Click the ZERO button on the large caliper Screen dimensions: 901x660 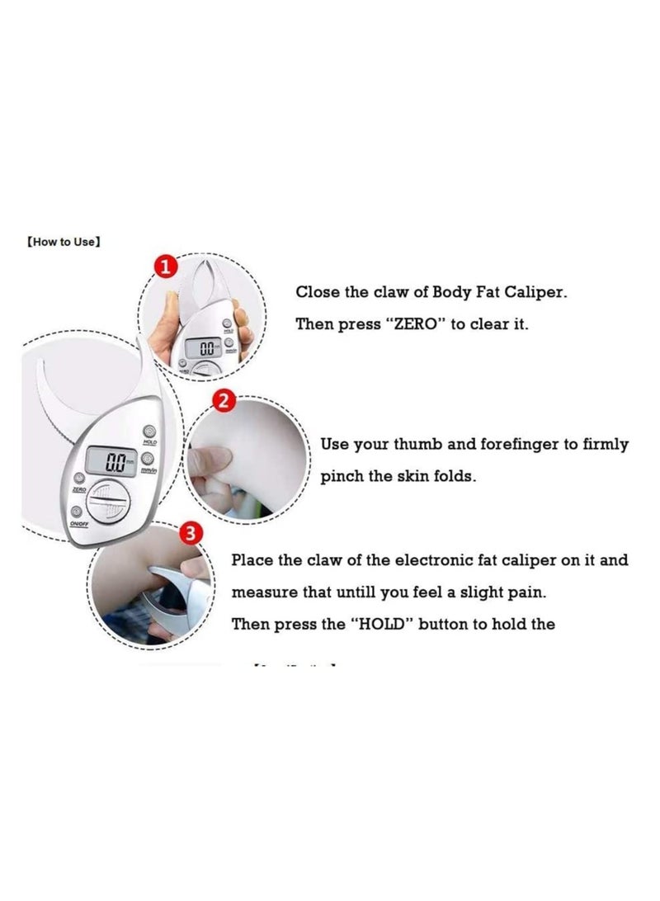click(x=79, y=479)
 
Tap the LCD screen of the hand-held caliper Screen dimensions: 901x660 click(x=201, y=348)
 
